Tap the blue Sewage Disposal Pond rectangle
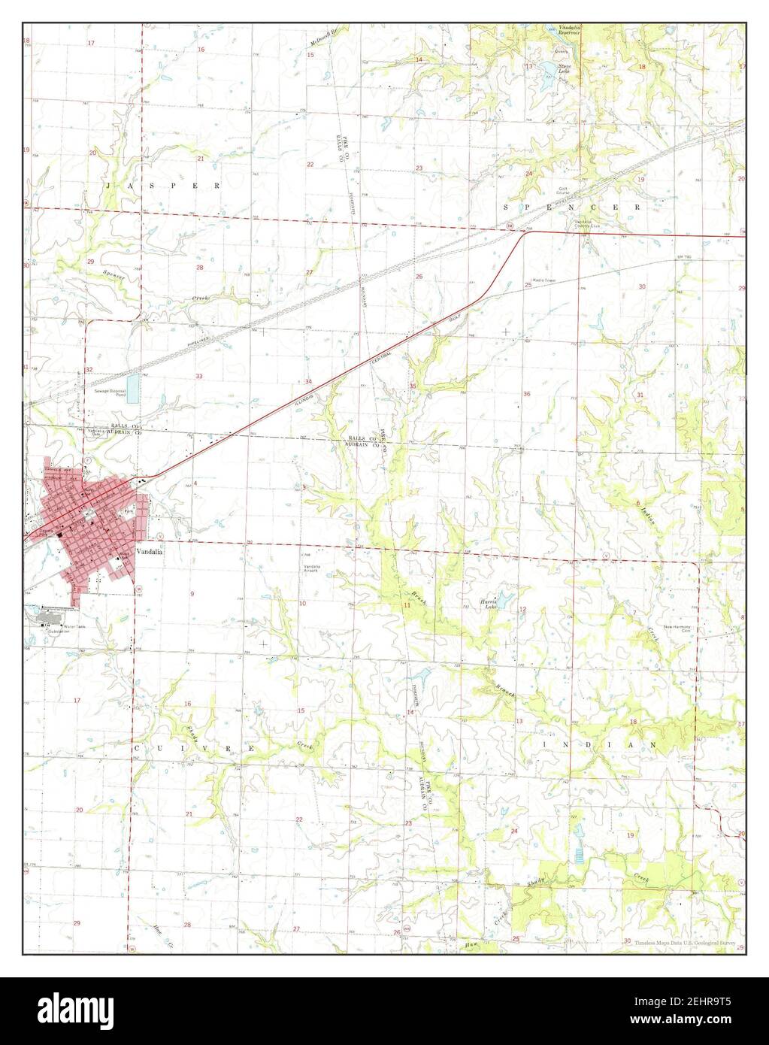tap(133, 388)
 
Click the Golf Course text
tap(563, 192)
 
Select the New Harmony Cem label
tap(677, 628)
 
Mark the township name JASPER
tap(162, 184)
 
